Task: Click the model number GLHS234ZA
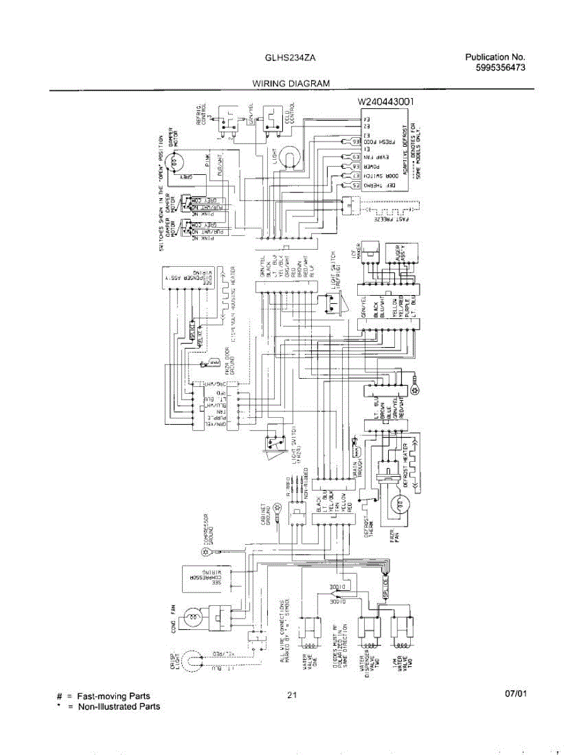(x=290, y=57)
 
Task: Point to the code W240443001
(x=386, y=101)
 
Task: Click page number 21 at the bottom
(x=291, y=695)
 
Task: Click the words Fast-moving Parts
(x=113, y=696)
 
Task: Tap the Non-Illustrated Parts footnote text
(x=118, y=707)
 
